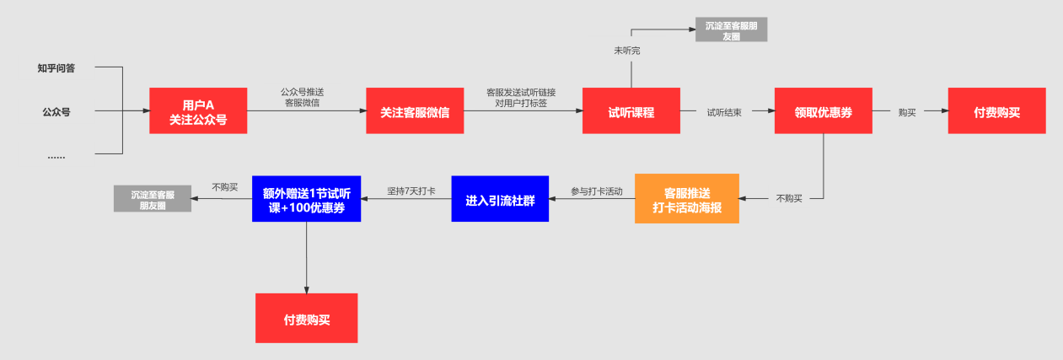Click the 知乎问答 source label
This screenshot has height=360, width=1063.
coord(56,68)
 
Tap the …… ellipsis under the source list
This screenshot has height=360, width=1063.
coord(56,156)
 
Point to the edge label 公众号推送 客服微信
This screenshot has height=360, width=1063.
coord(302,98)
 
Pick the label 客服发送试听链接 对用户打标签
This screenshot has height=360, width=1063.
coord(520,98)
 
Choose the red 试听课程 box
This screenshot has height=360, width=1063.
coord(631,111)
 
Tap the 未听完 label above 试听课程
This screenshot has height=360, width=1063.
coord(627,51)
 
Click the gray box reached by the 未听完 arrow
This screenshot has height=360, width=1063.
coord(731,30)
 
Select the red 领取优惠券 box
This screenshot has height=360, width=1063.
coord(823,111)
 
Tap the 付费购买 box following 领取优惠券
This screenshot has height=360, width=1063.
coord(996,111)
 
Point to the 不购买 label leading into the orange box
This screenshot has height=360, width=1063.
coord(789,198)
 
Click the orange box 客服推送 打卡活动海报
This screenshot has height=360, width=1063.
coord(686,199)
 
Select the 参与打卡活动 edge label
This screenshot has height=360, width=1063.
coord(596,191)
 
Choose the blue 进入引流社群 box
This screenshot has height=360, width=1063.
coord(500,199)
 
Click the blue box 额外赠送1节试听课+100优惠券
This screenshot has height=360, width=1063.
coord(306,199)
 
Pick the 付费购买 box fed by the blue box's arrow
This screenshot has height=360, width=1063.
coord(306,318)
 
